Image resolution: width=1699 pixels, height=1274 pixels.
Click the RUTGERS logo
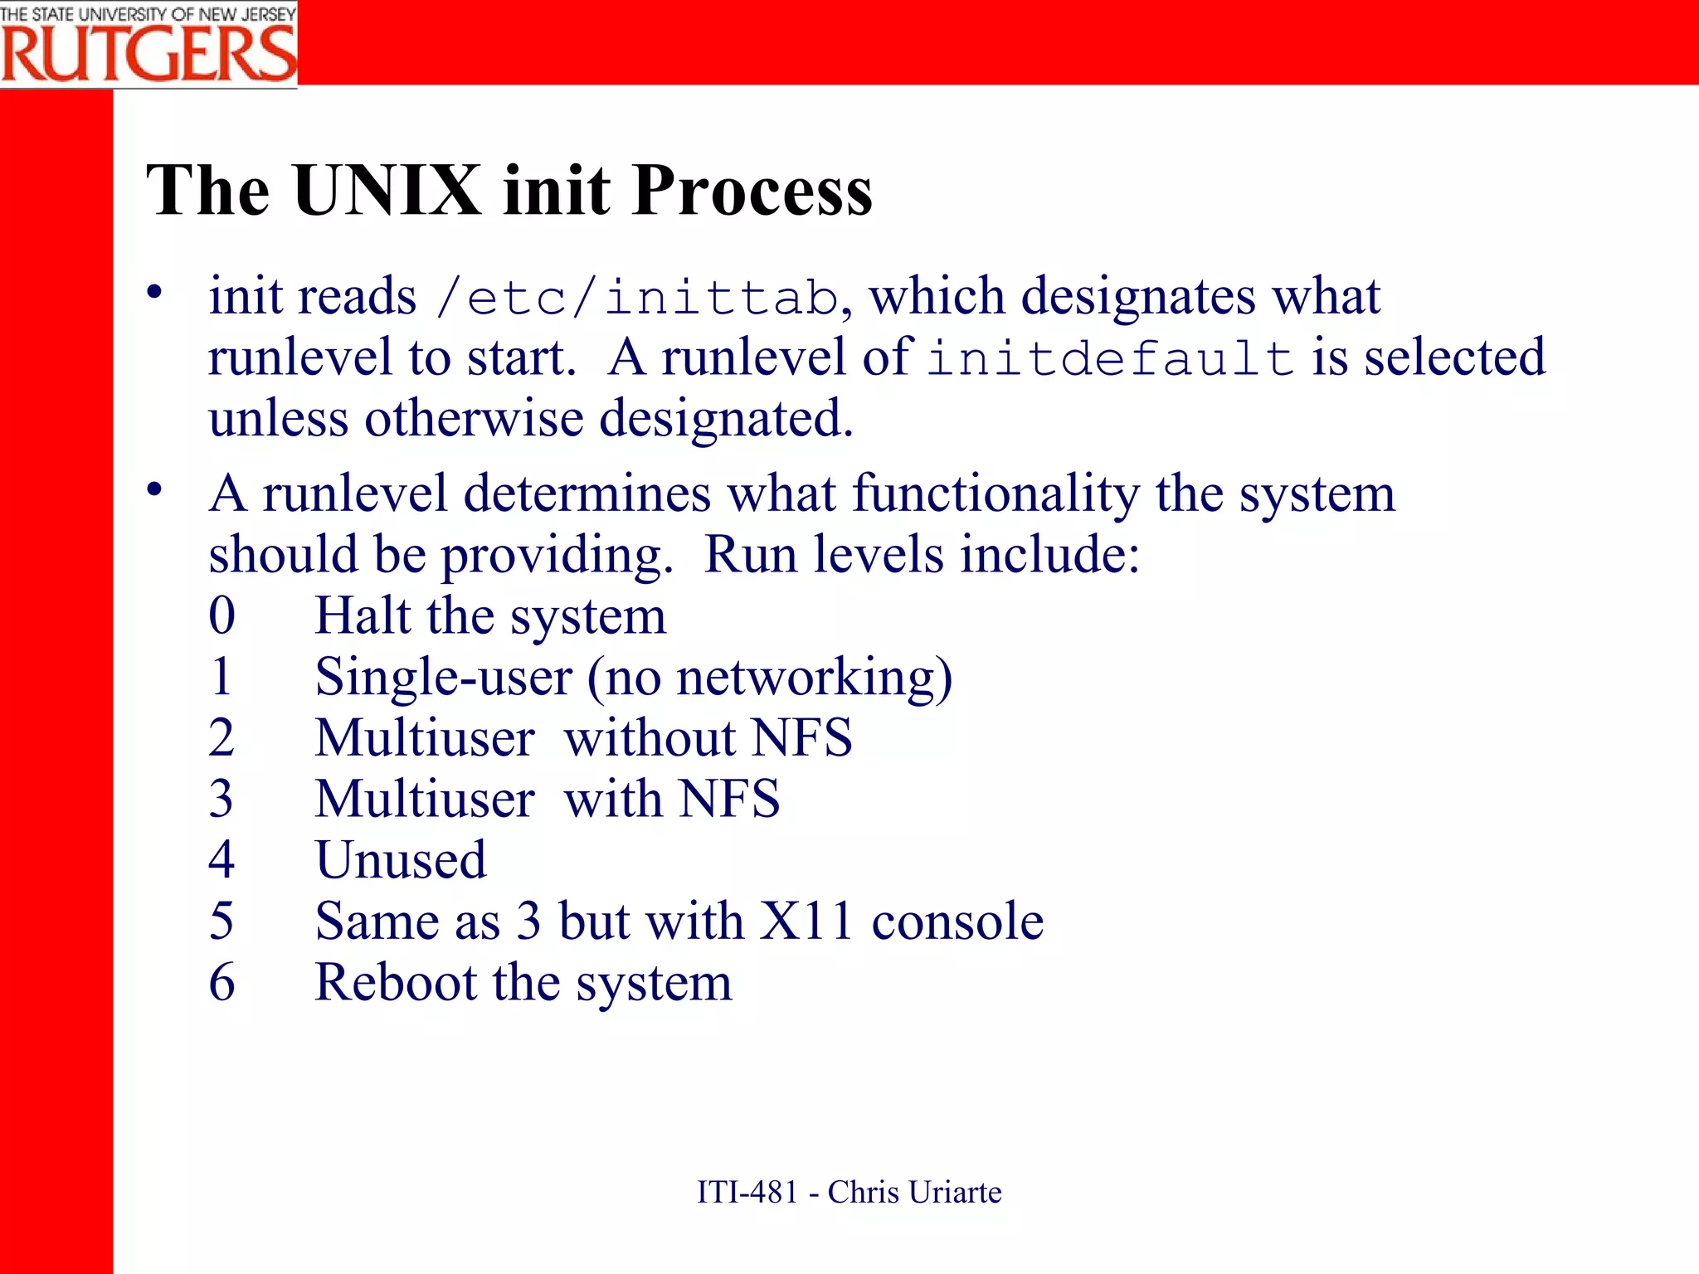tap(148, 46)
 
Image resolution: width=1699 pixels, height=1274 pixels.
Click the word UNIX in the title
tap(387, 191)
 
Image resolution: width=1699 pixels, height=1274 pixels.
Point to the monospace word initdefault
tap(1111, 359)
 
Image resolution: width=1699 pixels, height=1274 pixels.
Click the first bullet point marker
tap(154, 293)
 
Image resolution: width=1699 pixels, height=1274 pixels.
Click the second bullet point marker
tap(154, 490)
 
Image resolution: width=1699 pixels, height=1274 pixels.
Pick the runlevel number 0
tap(222, 616)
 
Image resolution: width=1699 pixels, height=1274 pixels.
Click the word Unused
tap(401, 860)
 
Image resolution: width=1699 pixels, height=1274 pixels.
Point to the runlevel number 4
tap(222, 860)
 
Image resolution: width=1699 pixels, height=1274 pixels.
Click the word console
tap(957, 921)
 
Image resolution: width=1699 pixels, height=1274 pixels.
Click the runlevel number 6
tap(222, 983)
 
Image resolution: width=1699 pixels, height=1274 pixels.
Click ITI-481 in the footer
tap(747, 1193)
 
